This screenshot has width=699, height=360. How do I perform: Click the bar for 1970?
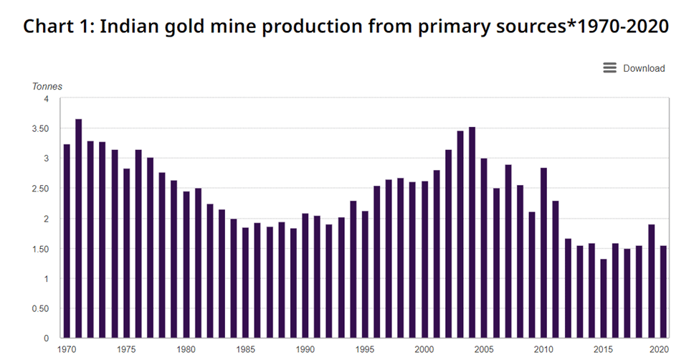click(x=67, y=241)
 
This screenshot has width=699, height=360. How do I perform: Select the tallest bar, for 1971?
click(x=79, y=229)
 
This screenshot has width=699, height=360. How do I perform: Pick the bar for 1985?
click(x=246, y=283)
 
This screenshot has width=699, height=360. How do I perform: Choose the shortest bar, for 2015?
click(x=603, y=298)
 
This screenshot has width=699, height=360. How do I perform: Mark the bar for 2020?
click(x=663, y=292)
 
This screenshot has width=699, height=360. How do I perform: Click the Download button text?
click(x=644, y=69)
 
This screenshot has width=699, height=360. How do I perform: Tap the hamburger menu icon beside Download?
click(x=610, y=68)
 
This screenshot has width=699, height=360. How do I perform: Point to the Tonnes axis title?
click(x=47, y=87)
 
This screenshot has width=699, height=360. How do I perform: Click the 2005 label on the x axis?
click(x=484, y=349)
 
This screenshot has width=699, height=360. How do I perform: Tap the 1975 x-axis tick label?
click(x=127, y=349)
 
